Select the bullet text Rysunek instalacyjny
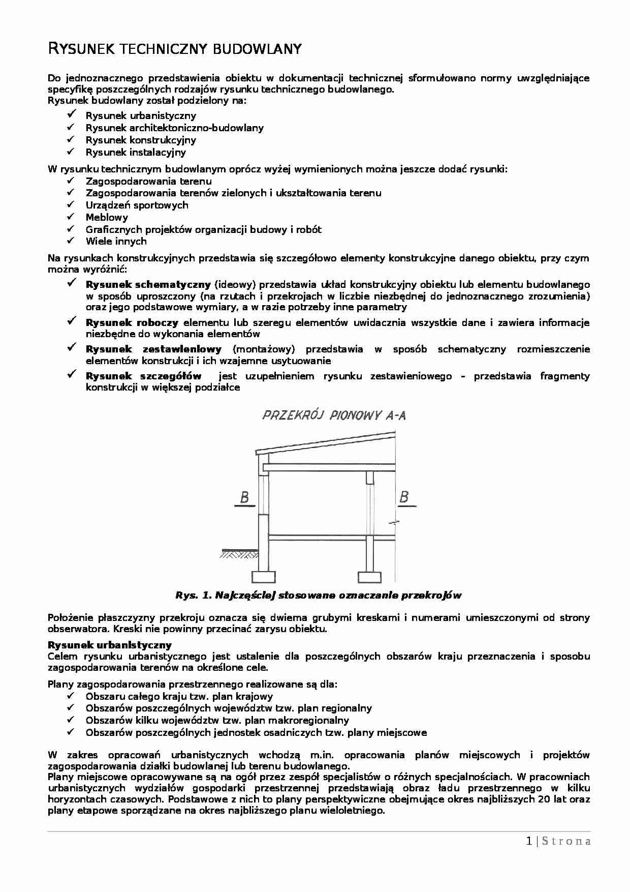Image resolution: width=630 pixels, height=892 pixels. click(136, 152)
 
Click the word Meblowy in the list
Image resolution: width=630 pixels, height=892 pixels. click(107, 217)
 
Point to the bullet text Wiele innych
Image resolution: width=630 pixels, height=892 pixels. click(116, 241)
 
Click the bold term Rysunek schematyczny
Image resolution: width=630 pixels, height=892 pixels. click(148, 284)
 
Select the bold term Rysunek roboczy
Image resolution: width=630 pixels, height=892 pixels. click(132, 322)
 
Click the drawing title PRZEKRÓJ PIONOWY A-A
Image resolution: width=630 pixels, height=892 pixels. click(334, 415)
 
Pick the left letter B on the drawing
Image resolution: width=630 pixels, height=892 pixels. click(244, 497)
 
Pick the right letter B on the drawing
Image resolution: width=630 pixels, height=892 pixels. click(404, 497)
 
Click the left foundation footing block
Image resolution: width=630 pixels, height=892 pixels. click(264, 577)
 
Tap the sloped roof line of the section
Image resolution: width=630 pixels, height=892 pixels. click(325, 442)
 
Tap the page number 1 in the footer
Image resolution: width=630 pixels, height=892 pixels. click(529, 841)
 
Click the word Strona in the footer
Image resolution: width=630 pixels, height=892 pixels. click(566, 841)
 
